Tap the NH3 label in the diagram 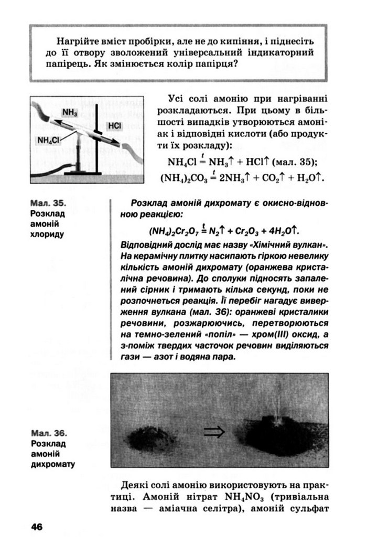tap(69, 112)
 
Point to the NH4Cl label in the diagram tap(49, 140)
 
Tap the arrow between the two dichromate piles tap(213, 431)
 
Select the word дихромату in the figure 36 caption tap(52, 464)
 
